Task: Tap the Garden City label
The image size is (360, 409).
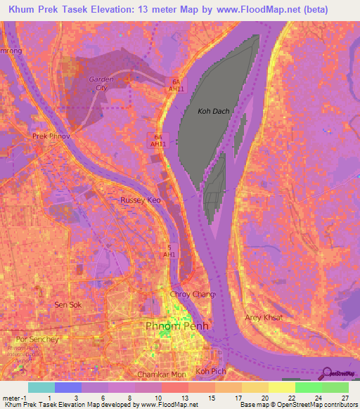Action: [x=101, y=84]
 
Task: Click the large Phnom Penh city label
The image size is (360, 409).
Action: [x=175, y=326]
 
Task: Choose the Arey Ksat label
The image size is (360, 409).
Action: [x=264, y=318]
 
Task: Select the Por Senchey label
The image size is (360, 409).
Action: [x=34, y=339]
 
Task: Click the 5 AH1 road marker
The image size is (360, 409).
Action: [x=169, y=251]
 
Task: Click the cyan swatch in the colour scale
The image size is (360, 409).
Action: [x=41, y=387]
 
